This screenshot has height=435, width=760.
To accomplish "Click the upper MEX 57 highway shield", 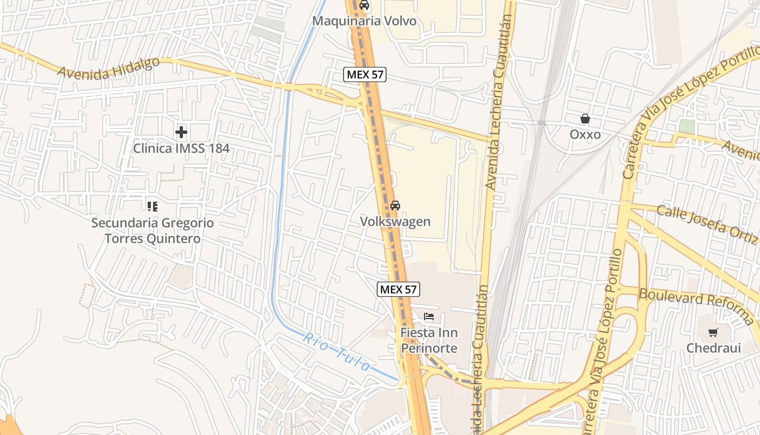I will point(364,75).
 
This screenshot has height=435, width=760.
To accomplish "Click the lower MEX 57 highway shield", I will point(398,289).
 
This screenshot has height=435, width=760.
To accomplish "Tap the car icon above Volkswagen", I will point(395,206).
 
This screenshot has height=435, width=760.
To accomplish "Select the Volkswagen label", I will point(395,221).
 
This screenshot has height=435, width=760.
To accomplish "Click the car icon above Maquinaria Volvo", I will point(364,5).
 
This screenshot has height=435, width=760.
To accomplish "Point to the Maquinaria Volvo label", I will point(364,21).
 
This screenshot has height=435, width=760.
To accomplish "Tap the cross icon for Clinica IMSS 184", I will point(181,132).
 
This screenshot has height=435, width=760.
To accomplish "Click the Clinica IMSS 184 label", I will point(181,148).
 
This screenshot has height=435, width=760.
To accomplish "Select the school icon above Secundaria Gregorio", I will point(153,206).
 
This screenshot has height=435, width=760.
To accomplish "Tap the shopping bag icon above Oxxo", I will point(585,118).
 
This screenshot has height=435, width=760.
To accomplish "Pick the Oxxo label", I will point(585,134).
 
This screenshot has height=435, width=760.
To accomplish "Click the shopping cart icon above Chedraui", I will point(713,332).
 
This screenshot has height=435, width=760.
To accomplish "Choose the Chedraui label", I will point(713,348).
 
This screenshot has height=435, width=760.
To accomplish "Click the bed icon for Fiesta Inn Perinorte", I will point(429,316).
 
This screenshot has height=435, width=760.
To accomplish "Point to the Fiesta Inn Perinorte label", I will point(429,340).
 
